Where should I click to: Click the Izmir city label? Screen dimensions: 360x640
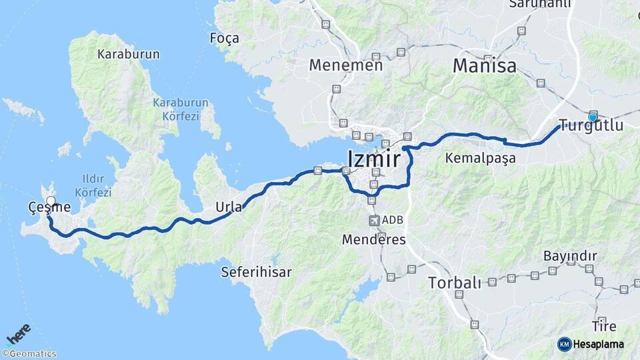tap(374, 159)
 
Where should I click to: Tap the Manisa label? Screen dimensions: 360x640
tap(485, 66)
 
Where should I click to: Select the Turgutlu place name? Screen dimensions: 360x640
tap(591, 125)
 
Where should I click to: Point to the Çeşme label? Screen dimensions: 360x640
tap(50, 207)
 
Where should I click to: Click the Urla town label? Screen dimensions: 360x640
tap(229, 207)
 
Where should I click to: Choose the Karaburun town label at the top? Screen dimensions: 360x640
tap(129, 55)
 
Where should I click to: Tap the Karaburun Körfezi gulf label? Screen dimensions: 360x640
tap(181, 109)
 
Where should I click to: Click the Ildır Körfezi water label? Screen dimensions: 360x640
tap(93, 185)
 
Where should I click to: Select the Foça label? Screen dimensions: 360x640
tap(224, 38)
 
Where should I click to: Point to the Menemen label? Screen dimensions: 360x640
tap(346, 65)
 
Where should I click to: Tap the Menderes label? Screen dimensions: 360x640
tap(373, 239)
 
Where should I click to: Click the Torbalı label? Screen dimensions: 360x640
tap(455, 282)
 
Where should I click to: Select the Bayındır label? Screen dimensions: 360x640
tap(570, 256)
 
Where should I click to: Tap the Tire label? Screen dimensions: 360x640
tap(604, 327)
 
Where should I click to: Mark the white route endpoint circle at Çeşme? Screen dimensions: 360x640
tap(51, 201)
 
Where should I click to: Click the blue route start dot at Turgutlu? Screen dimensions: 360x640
tap(592, 117)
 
